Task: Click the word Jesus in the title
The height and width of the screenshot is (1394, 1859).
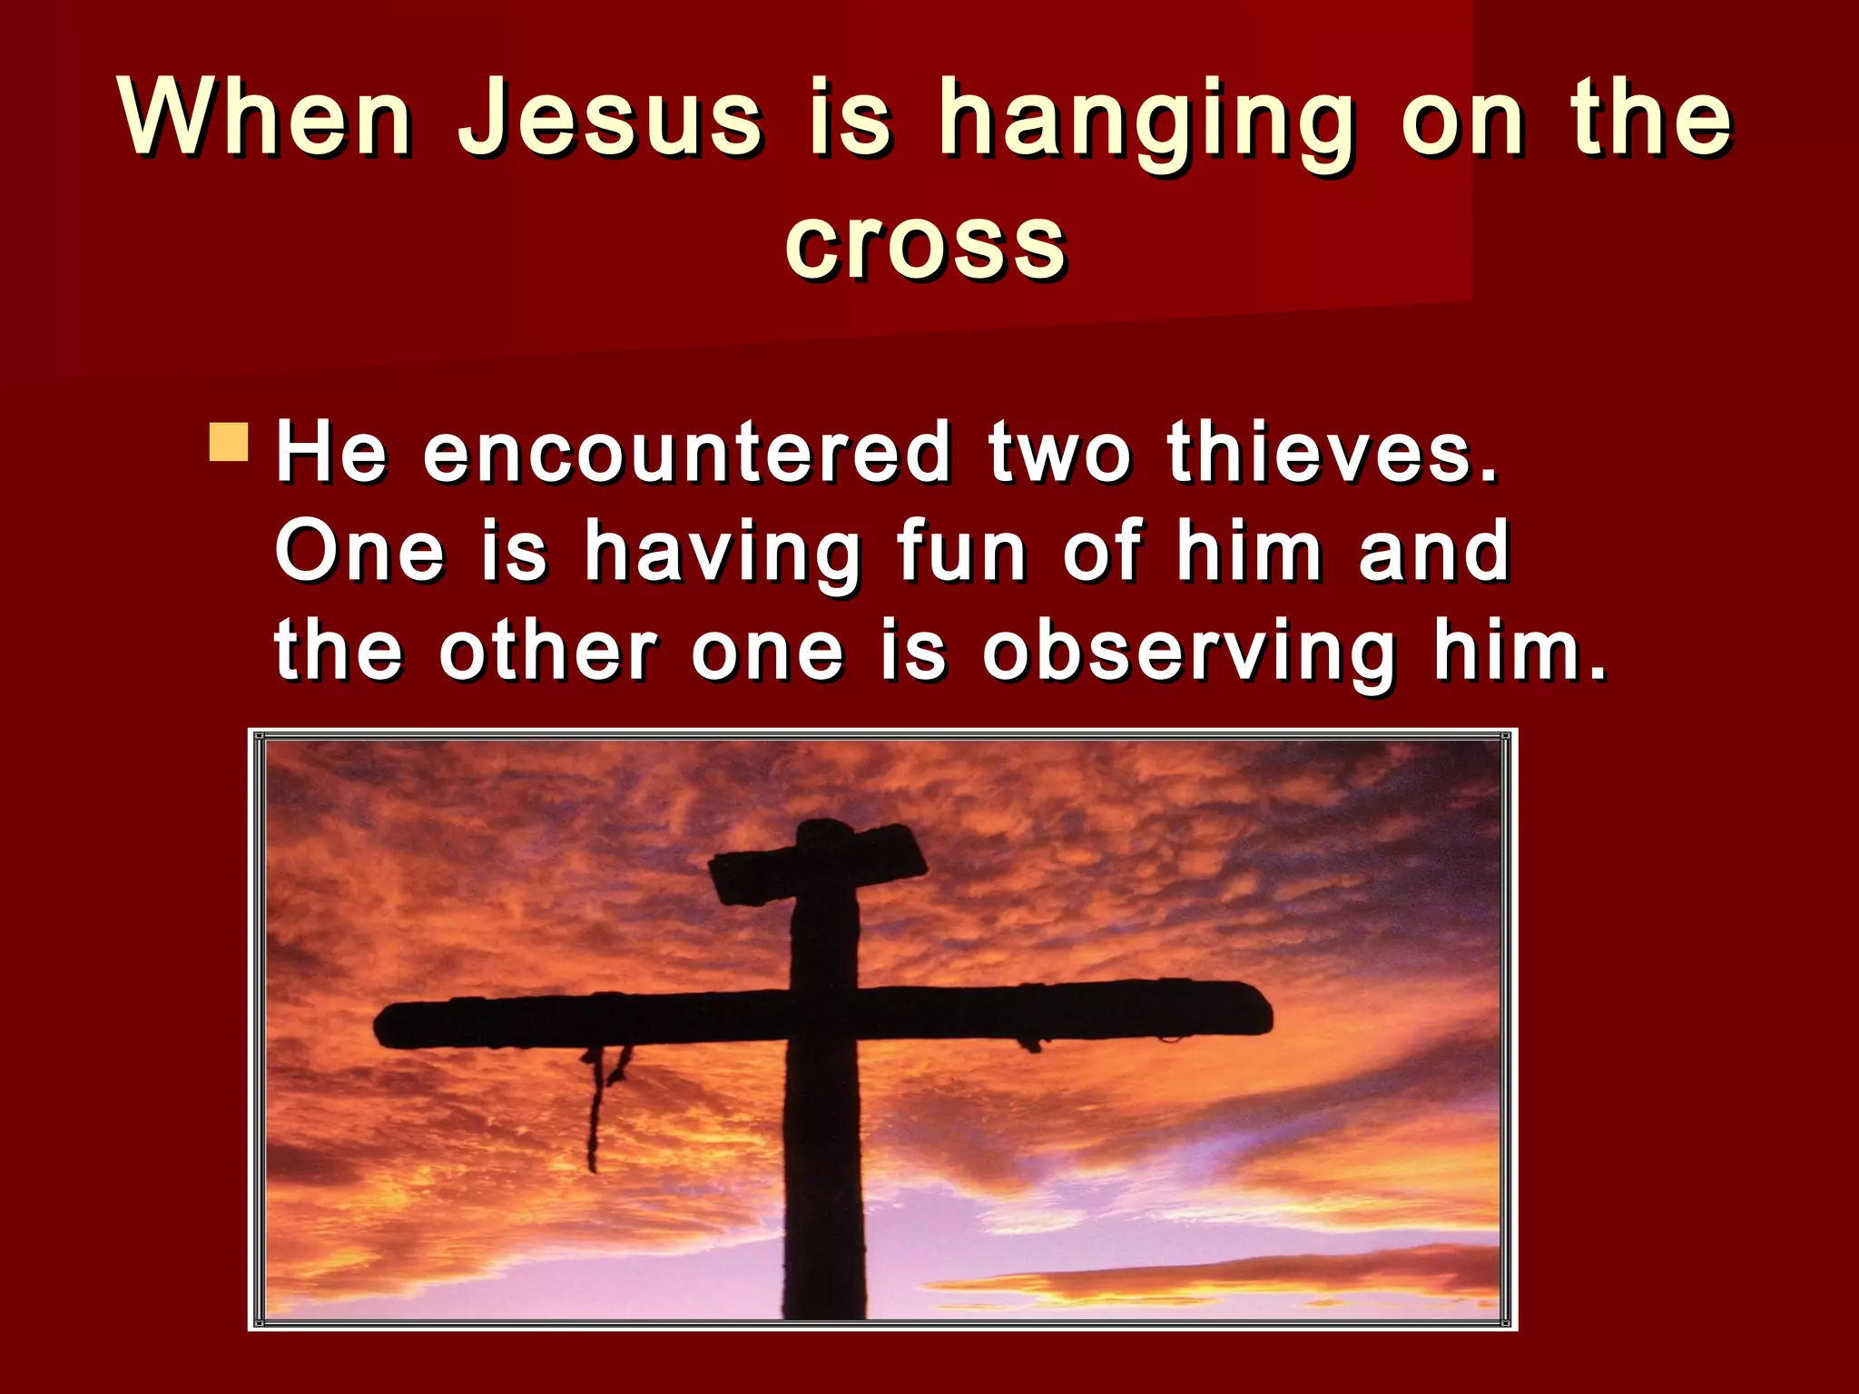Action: (x=609, y=118)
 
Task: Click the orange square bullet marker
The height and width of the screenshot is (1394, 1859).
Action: (x=228, y=442)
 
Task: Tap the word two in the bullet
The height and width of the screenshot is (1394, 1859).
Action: (x=1060, y=453)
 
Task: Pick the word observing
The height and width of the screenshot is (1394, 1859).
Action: (x=1189, y=653)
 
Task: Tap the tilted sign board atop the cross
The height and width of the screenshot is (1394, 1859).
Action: (x=817, y=862)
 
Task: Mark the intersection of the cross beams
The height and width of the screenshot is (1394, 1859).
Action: (x=824, y=1015)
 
